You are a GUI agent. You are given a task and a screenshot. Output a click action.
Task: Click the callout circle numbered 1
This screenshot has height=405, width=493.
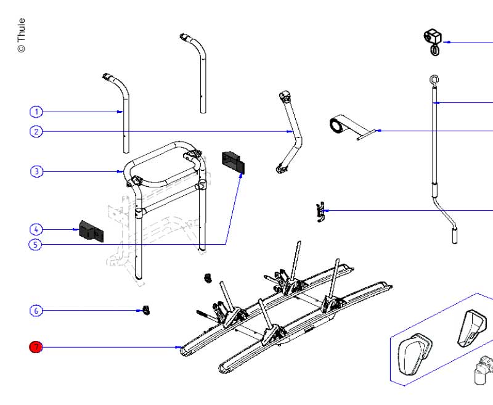(x=36, y=112)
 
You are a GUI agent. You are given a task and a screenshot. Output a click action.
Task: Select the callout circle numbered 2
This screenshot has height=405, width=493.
(x=36, y=131)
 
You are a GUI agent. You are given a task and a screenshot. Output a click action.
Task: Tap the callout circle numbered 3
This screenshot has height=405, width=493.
(x=36, y=171)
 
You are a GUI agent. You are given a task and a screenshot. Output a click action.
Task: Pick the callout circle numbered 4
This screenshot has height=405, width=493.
(x=36, y=229)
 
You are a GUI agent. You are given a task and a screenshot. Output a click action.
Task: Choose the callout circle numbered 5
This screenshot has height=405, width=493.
(x=36, y=245)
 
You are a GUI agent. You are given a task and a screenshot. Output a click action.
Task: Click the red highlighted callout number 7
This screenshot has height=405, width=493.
(x=36, y=348)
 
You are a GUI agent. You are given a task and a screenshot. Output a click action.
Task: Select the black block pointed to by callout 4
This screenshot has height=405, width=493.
(x=91, y=231)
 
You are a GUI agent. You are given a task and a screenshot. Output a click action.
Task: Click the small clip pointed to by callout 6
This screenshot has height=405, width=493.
(x=146, y=309)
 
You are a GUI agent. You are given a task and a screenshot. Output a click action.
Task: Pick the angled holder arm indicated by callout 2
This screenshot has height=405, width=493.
(x=290, y=133)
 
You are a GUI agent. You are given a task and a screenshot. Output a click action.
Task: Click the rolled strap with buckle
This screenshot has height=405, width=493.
(x=338, y=126)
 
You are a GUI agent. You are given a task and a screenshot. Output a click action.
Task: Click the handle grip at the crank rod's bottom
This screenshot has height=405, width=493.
(x=455, y=235)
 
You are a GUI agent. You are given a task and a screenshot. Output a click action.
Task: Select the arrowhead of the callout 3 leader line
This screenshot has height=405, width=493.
(x=121, y=171)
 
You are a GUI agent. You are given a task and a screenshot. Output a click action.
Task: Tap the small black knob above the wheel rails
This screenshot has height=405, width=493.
(x=207, y=278)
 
